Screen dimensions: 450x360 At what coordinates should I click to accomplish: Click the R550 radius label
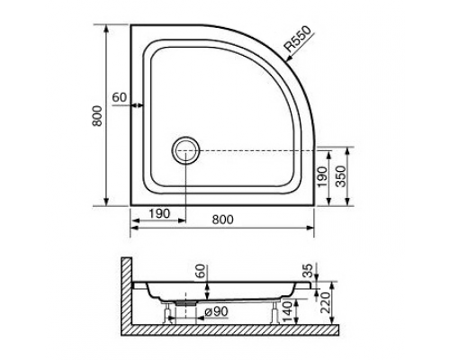(298, 39)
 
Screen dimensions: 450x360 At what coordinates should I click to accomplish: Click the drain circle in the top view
(185, 150)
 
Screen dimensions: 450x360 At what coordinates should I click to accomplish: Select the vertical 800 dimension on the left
(97, 116)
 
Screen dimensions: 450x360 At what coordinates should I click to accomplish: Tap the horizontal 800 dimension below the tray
(222, 220)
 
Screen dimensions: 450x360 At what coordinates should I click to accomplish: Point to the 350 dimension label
(341, 175)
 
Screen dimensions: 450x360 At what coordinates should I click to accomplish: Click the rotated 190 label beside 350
(322, 176)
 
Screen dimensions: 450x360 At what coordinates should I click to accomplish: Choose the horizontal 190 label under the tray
(159, 213)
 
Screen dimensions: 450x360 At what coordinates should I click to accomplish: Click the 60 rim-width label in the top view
(120, 97)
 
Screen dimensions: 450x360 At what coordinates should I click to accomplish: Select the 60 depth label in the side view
(202, 271)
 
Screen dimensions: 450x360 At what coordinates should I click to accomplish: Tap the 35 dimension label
(308, 270)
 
